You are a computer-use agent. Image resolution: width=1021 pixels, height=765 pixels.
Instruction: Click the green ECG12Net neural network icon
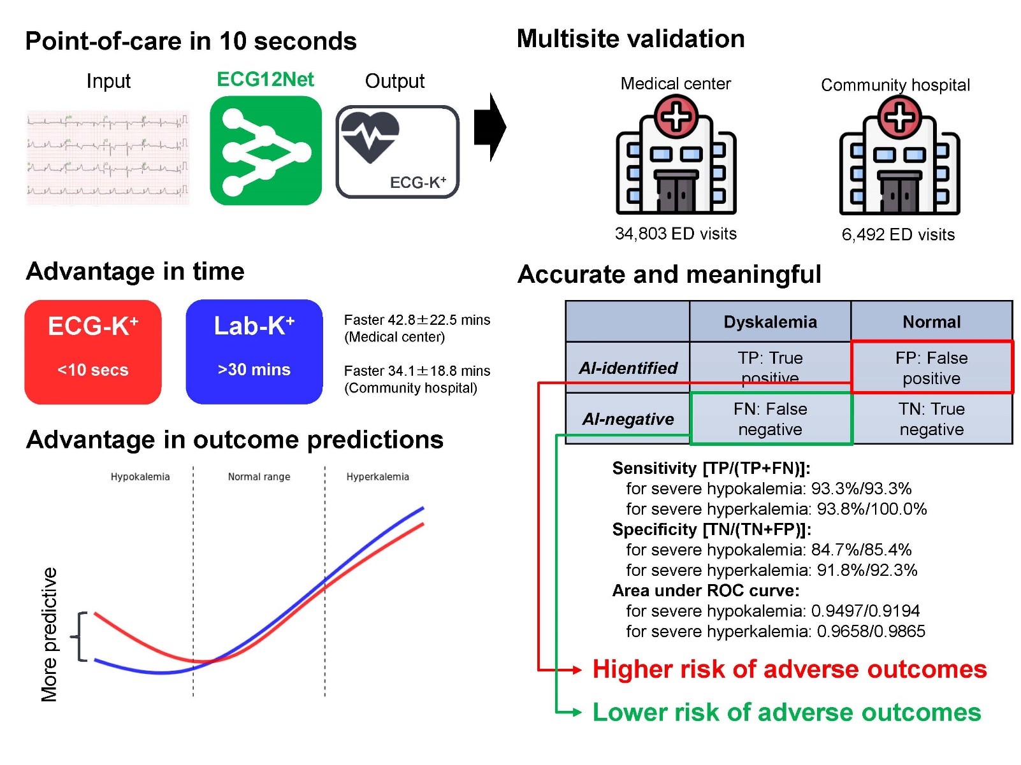point(265,150)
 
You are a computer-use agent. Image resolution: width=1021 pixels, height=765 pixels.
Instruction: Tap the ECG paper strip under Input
point(108,157)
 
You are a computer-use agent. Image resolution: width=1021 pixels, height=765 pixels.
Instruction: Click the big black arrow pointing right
point(490,127)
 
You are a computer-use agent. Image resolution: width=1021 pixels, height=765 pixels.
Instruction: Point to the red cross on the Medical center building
point(676,116)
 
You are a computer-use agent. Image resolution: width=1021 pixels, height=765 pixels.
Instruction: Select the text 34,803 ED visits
point(676,233)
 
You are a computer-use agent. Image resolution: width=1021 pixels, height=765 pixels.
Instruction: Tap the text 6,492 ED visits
point(898,234)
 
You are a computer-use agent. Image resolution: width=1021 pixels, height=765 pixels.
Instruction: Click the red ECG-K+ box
point(93,352)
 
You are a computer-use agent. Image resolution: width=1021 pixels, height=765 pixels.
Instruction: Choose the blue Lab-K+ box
point(254,352)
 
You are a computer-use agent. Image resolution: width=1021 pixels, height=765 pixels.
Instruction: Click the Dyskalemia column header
point(770,322)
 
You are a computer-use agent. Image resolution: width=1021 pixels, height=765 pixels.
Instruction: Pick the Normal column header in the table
point(931,322)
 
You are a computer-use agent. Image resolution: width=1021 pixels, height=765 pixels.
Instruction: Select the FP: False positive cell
point(932,367)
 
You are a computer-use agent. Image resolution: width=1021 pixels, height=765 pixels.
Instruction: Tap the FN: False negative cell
point(771,418)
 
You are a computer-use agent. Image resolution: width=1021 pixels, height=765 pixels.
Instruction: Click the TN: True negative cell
point(932,418)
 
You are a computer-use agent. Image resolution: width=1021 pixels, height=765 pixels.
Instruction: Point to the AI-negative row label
point(628,418)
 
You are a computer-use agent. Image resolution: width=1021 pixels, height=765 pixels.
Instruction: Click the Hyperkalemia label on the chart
point(377,476)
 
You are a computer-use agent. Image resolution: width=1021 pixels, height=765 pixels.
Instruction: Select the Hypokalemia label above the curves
point(140,476)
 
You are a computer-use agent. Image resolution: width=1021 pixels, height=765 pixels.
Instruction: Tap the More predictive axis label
point(49,634)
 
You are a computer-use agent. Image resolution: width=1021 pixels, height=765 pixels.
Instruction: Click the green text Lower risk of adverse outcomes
point(786,712)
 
